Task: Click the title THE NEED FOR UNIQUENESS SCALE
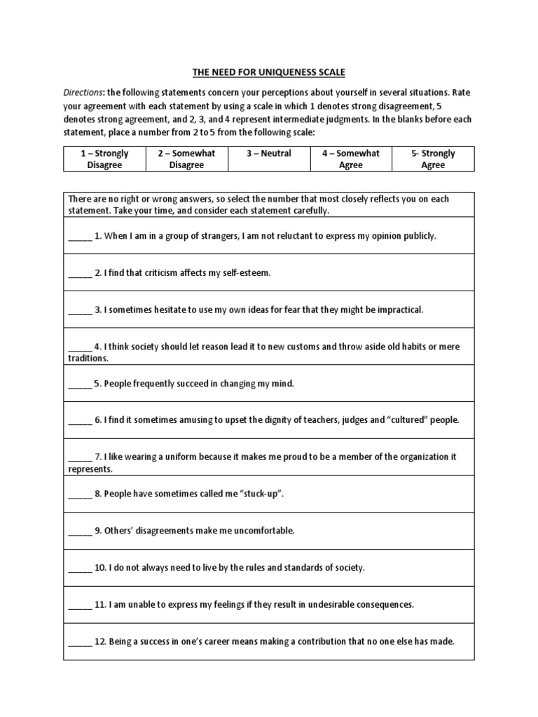(x=268, y=72)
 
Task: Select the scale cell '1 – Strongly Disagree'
(x=104, y=159)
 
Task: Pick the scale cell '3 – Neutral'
(x=268, y=154)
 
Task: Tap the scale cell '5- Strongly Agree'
(x=433, y=159)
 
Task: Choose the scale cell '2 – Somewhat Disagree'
(x=186, y=159)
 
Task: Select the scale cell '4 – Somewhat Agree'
(x=351, y=159)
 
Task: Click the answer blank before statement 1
(x=79, y=237)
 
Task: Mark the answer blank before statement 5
(x=79, y=384)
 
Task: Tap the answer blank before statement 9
(x=79, y=531)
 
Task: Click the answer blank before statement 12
(x=79, y=641)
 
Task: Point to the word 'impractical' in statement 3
(x=400, y=309)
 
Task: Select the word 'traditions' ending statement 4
(x=88, y=358)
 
